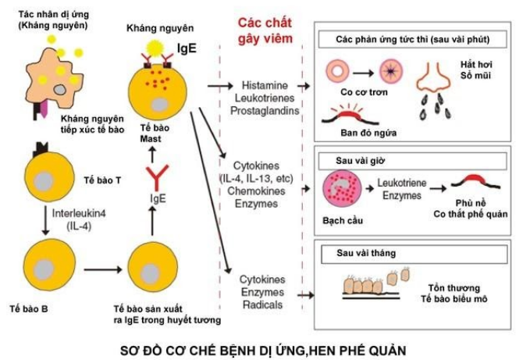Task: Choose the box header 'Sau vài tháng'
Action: pos(355,253)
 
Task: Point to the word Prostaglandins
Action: pos(265,109)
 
